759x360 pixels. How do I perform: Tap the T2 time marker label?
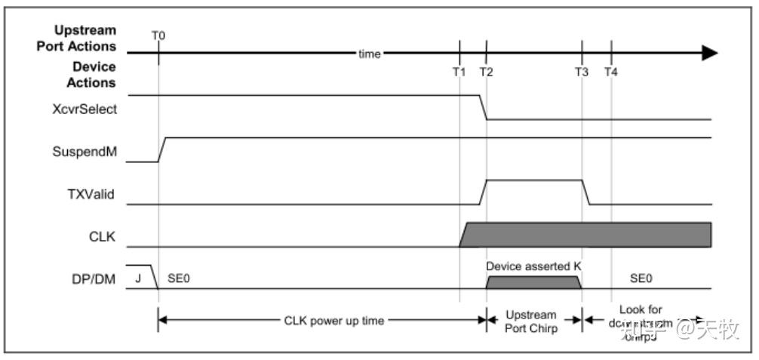click(x=487, y=72)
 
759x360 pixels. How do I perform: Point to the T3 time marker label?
click(x=582, y=72)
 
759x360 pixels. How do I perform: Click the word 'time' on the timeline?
click(x=369, y=54)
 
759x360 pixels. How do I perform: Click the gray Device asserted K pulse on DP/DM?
click(x=533, y=282)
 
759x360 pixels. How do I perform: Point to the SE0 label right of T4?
click(x=641, y=278)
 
